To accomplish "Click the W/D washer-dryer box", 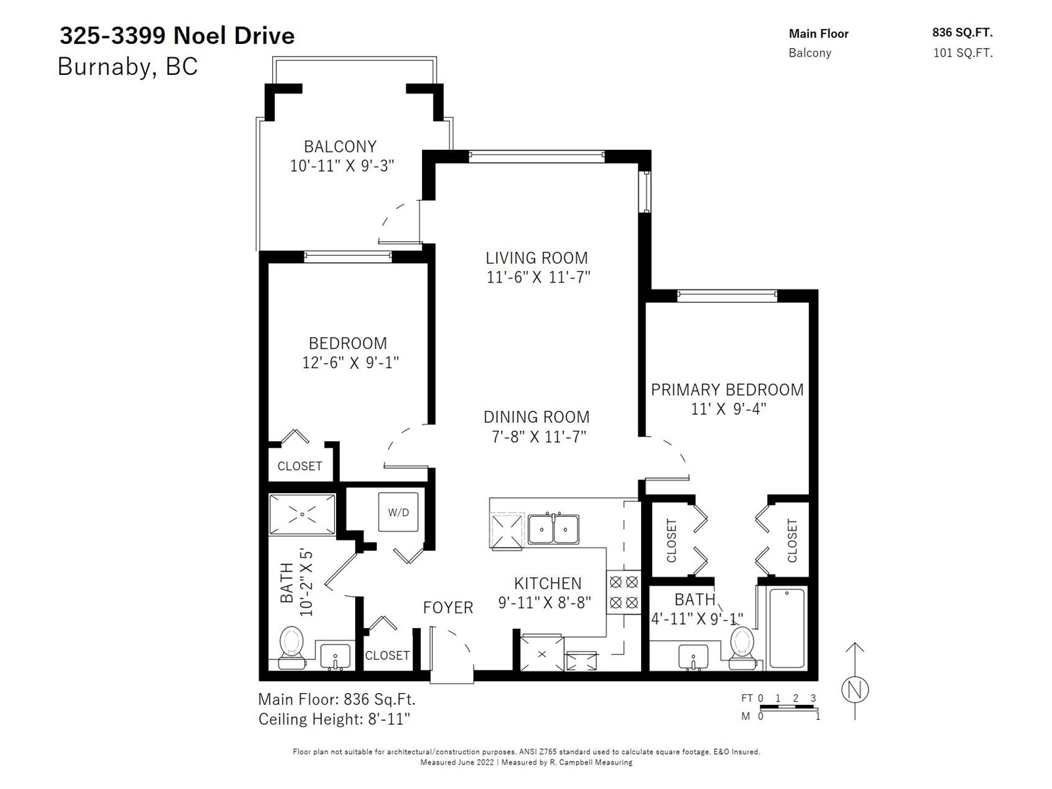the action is [398, 512].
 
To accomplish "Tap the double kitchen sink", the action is [553, 529].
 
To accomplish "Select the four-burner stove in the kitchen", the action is [623, 592].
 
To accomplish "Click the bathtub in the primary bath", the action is [786, 628].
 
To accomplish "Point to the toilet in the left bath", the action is [292, 647].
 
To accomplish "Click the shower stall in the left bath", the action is [302, 514].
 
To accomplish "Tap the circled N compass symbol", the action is [855, 690].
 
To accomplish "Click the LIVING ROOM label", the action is [537, 258].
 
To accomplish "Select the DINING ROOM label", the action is [537, 417].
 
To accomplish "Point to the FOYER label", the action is [448, 608].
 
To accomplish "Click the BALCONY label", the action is [341, 146].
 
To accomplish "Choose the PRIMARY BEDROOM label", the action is [727, 389].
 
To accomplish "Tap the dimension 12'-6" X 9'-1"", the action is [350, 363].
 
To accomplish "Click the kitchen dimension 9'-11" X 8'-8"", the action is [544, 602].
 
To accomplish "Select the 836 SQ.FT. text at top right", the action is [963, 33].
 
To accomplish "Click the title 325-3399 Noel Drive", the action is [177, 36].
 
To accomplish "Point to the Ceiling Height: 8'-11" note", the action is [334, 719].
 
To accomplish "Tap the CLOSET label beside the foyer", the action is [387, 655].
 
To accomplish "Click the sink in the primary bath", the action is [693, 656].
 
